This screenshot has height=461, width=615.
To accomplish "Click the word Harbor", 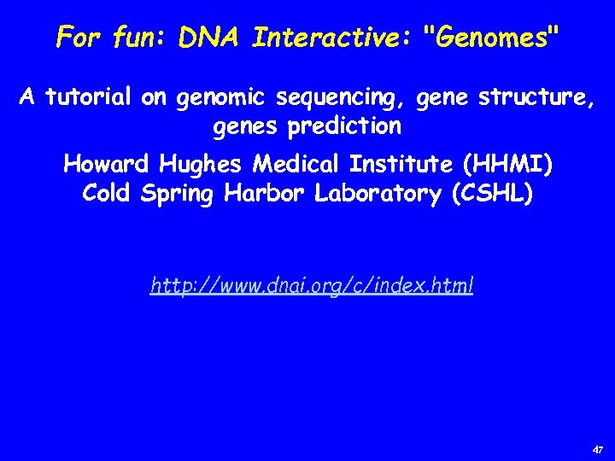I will tap(266, 194).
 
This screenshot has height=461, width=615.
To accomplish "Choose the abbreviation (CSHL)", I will tap(493, 194).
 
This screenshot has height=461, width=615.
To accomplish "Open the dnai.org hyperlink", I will tap(312, 285).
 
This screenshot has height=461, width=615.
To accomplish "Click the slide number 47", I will tap(597, 449).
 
